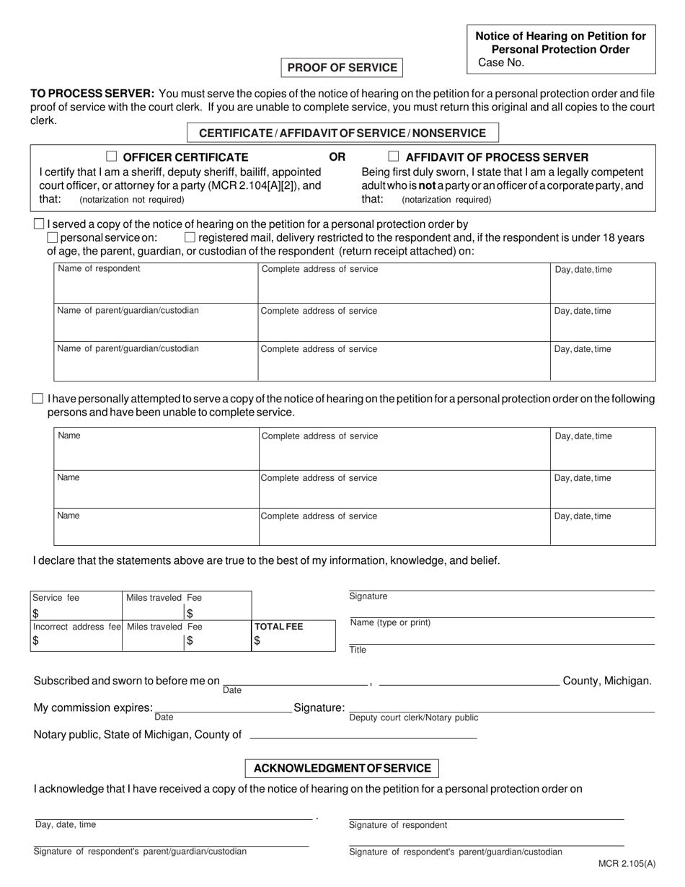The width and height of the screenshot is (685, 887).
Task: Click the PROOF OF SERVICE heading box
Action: (342, 68)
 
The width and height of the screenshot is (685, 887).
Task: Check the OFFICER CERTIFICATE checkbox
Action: (112, 156)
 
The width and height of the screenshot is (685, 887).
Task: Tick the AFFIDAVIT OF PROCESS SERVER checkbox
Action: (394, 156)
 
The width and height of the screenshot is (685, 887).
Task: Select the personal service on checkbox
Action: (52, 237)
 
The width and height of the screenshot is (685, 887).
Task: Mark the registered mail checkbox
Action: (190, 237)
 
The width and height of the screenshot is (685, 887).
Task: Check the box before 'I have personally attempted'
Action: (38, 399)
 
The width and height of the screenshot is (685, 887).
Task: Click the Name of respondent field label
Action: (99, 269)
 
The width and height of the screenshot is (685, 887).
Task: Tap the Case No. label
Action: (501, 63)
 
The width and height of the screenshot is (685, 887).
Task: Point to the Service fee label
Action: (56, 598)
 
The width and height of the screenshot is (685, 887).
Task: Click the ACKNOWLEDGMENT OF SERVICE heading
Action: (342, 768)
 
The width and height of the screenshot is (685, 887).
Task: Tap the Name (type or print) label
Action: (390, 623)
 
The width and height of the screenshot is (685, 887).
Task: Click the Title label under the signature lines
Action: (358, 650)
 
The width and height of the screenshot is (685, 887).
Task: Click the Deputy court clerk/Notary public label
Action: (413, 718)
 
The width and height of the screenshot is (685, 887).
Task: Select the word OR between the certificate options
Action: (337, 157)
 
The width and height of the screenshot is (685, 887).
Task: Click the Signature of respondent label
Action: (398, 825)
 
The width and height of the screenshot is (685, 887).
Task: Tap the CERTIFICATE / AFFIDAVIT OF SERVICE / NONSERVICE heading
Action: (342, 133)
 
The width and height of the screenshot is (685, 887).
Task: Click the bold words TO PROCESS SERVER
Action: (92, 94)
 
